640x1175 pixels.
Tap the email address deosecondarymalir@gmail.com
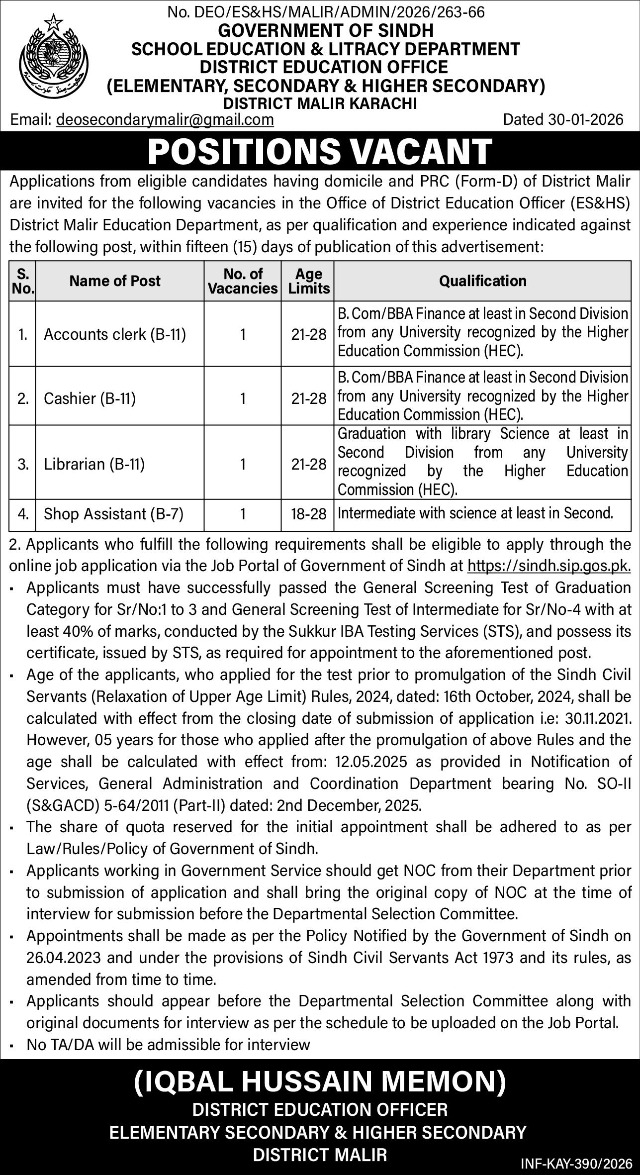165,120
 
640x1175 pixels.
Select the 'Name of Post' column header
115,281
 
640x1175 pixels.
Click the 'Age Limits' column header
309,281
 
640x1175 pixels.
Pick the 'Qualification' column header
482,281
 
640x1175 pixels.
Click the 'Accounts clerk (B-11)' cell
115,334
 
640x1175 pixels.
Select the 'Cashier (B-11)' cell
90,398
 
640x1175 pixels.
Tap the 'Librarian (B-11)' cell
94,464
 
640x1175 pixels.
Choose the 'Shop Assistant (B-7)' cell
114,513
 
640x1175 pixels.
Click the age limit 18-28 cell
309,513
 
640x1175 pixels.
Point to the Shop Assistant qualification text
475,513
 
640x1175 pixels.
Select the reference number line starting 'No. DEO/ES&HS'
326,12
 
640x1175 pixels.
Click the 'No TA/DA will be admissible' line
168,1045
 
